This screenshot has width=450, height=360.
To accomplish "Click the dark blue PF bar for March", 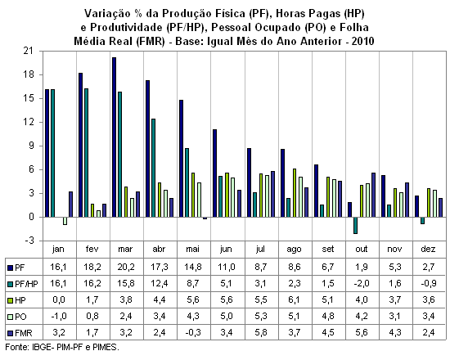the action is [x=115, y=137].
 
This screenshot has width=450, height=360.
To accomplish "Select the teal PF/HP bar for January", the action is [x=53, y=153].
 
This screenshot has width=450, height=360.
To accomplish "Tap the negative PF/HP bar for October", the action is [x=356, y=225].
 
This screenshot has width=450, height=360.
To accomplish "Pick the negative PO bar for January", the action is [x=65, y=221].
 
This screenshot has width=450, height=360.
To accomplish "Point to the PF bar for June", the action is [x=215, y=173].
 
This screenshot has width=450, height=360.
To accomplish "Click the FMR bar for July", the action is [x=272, y=194].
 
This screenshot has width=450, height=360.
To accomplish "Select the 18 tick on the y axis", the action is [x=29, y=75].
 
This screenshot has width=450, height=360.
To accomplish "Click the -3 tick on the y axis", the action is [x=28, y=241].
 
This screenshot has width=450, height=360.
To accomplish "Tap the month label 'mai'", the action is [x=192, y=249].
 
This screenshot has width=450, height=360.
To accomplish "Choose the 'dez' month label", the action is [x=428, y=249].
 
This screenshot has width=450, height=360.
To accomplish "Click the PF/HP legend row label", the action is [x=26, y=284].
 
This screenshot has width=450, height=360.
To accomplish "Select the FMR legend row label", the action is [x=24, y=333].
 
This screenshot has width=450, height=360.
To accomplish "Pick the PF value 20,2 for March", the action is [x=126, y=267].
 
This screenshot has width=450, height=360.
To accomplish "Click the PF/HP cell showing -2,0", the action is [x=361, y=284].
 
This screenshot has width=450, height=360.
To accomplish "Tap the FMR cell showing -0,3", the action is [x=192, y=333].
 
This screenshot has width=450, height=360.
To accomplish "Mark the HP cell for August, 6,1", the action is [x=295, y=300].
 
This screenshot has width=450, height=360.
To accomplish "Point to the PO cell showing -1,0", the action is [x=59, y=317].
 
